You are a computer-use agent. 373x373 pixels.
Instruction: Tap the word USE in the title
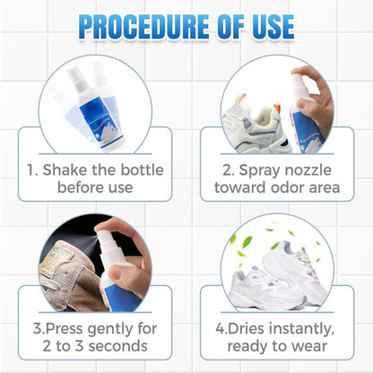tap(265, 25)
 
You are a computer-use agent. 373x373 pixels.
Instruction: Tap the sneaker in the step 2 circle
tap(255, 99)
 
